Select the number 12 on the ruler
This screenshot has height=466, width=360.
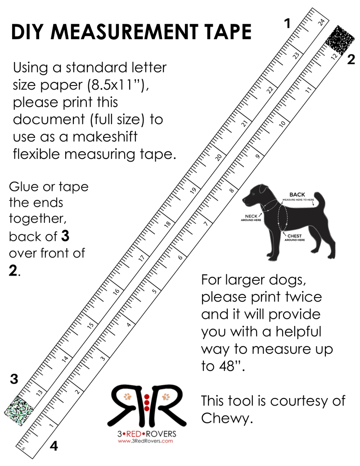click(x=334, y=56)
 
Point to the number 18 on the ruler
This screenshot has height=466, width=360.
click(x=167, y=224)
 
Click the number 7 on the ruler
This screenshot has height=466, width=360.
click(x=206, y=223)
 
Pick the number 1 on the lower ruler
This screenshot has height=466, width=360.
click(x=52, y=425)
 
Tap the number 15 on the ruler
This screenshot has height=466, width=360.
click(x=90, y=325)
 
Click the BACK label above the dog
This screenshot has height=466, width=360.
click(x=297, y=195)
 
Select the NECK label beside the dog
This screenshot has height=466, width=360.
click(x=251, y=216)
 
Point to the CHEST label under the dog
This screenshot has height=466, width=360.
click(x=294, y=236)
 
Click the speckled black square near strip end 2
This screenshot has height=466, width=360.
click(x=340, y=39)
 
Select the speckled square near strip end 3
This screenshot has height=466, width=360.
click(x=19, y=411)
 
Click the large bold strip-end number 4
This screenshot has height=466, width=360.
click(x=54, y=446)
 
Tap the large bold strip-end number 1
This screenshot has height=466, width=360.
click(x=287, y=23)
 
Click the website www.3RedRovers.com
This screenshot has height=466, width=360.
click(x=145, y=441)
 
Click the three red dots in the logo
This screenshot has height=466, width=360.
click(x=146, y=403)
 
